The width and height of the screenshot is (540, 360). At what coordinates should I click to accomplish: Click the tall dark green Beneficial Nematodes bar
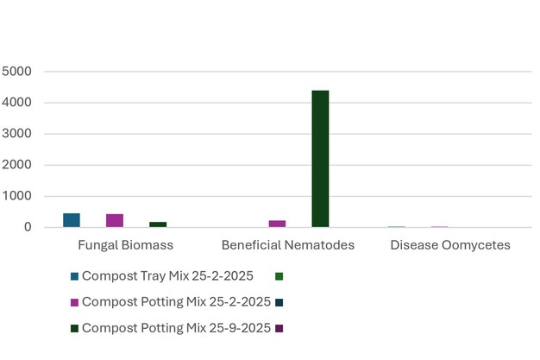320,159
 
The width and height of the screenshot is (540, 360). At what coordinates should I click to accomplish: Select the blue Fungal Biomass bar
72,220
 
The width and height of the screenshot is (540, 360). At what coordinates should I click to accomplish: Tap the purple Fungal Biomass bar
115,221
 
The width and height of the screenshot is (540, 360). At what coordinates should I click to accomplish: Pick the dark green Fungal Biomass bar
158,224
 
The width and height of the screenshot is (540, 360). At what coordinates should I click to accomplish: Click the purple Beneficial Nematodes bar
277,224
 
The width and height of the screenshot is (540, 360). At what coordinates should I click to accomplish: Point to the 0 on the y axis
28,227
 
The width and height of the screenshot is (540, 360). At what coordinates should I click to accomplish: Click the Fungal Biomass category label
126,245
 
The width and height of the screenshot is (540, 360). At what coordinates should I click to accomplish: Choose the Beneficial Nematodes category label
288,245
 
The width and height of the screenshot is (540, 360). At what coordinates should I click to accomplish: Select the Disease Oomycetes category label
449,245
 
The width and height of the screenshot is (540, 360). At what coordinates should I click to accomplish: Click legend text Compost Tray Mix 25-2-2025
167,276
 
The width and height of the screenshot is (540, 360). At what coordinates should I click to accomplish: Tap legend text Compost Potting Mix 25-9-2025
176,328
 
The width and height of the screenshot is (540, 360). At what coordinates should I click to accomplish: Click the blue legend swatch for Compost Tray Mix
75,276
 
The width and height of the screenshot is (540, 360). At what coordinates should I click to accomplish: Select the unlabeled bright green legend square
279,276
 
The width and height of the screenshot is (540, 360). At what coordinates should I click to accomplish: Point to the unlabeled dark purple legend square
279,328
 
